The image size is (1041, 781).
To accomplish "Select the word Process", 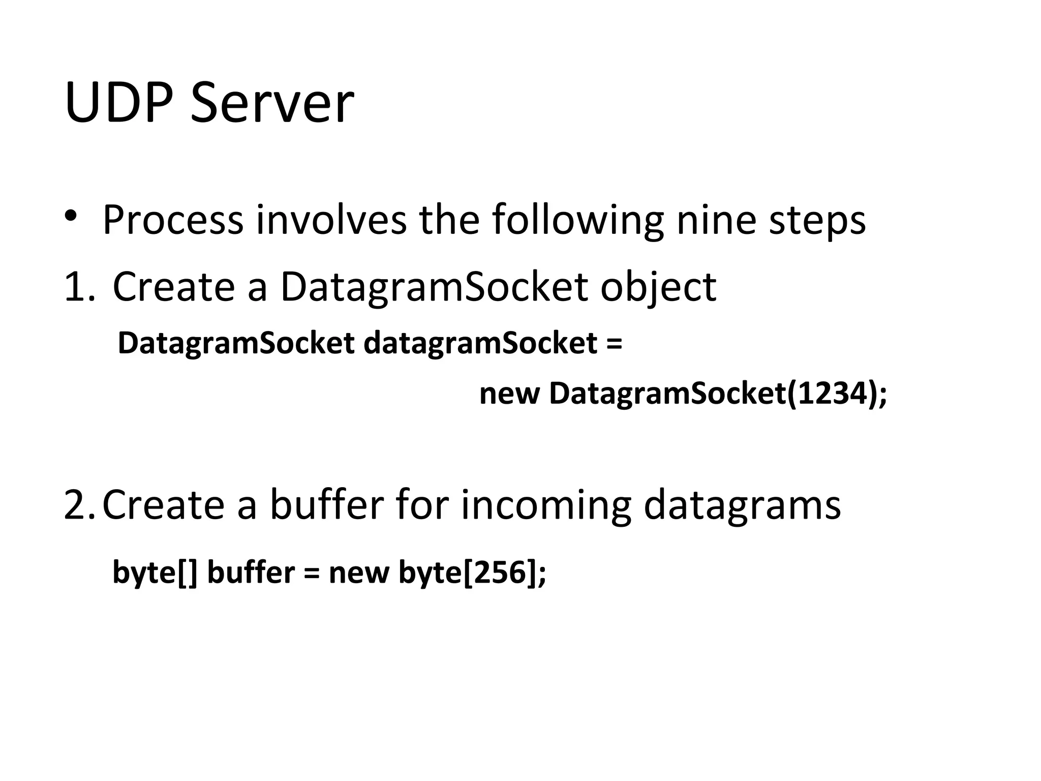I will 173,220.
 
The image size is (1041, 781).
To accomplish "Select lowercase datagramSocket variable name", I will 480,344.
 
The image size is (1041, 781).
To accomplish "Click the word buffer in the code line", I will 251,573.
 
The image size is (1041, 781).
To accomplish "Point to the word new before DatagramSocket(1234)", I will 509,394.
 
